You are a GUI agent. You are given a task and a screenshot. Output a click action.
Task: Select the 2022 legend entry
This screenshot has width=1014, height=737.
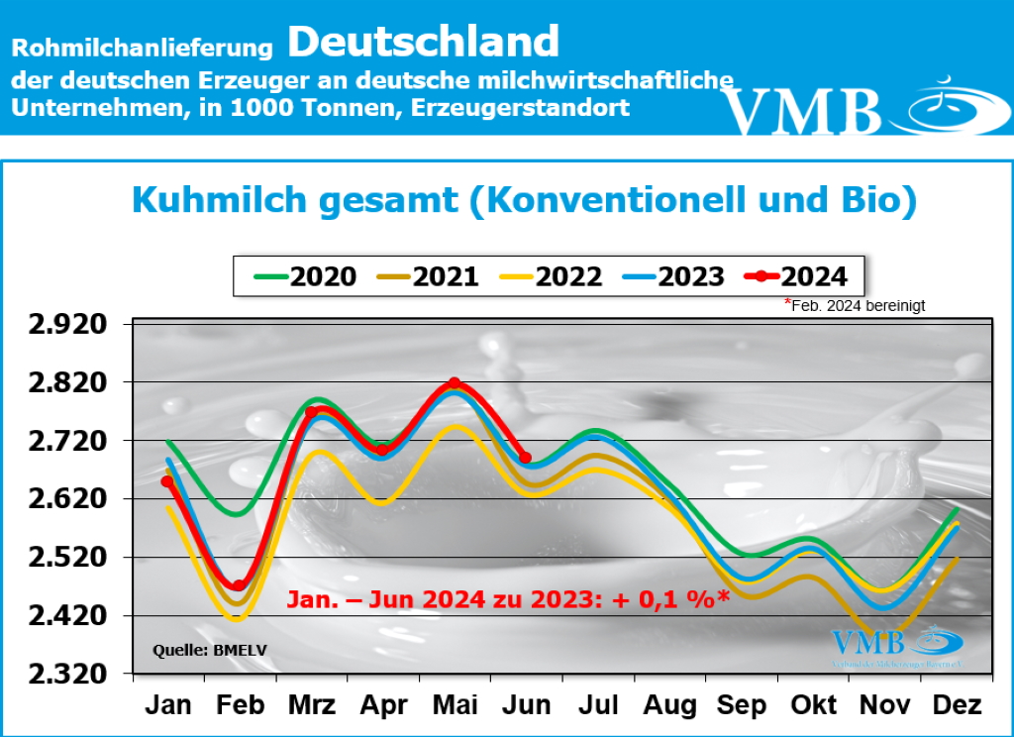point(551,275)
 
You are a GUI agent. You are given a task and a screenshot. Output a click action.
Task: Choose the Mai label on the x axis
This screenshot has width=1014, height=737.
point(455,705)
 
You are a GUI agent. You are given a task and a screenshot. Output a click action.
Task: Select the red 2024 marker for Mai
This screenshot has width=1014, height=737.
point(455,383)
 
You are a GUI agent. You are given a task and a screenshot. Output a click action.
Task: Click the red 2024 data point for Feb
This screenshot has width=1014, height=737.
point(239,585)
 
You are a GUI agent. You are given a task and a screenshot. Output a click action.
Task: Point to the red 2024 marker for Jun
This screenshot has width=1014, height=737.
point(525,458)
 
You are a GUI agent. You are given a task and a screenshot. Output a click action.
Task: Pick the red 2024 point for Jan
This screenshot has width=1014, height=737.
point(167,481)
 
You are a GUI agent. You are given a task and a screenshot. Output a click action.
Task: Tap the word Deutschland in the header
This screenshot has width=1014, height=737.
point(424,42)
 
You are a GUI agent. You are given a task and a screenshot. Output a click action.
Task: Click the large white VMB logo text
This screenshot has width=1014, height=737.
point(802,111)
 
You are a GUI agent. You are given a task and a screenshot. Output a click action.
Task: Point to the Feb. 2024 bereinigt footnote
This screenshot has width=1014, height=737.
point(857,306)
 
